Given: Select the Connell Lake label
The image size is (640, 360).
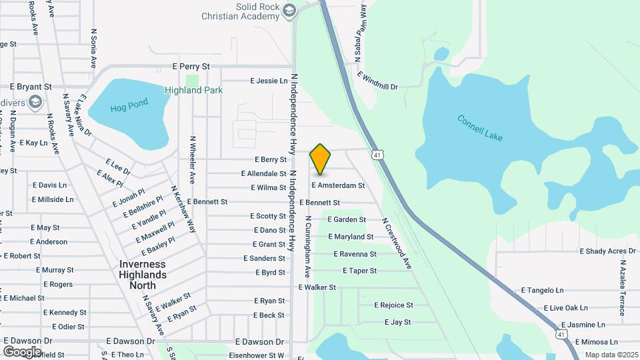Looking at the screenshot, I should (x=480, y=128).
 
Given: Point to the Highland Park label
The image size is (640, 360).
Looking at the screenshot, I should (x=193, y=90).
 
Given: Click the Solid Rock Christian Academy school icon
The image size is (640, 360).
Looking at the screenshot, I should (x=289, y=9).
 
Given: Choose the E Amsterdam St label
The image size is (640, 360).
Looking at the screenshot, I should (x=338, y=185).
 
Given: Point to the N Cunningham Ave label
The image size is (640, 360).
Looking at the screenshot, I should (x=308, y=247).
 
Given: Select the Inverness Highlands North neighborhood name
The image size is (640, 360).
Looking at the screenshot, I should (x=143, y=275).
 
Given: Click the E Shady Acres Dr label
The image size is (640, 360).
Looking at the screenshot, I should (x=607, y=251).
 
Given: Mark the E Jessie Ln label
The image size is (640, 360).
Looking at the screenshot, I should (x=269, y=81).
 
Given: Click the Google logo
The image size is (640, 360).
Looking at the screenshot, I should (x=22, y=351).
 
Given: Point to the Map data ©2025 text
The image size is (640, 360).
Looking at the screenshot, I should (x=611, y=355).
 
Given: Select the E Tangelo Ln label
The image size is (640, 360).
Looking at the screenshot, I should (x=542, y=291).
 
